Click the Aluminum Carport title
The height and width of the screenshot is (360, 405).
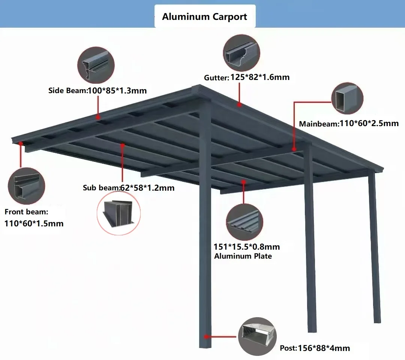[204, 17]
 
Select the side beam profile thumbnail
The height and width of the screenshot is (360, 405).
[96, 65]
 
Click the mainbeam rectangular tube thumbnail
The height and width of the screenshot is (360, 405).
[347, 99]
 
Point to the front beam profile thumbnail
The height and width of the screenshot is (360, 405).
[26, 185]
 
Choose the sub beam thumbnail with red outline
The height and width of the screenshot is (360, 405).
[118, 216]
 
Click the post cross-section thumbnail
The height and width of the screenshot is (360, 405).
[257, 336]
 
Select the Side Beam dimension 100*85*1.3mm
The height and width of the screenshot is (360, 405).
[117, 90]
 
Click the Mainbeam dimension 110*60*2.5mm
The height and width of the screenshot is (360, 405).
[369, 123]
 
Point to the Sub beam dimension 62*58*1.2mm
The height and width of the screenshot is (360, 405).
[147, 188]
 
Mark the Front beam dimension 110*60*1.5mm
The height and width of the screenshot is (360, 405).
[34, 224]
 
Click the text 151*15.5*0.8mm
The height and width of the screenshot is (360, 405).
[246, 247]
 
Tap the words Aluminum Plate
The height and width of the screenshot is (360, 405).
[243, 256]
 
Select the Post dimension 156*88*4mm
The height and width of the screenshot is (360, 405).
[324, 348]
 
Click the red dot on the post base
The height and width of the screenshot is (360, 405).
[206, 336]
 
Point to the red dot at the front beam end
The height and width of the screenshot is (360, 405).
[21, 143]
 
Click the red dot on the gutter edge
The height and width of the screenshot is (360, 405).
[239, 105]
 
